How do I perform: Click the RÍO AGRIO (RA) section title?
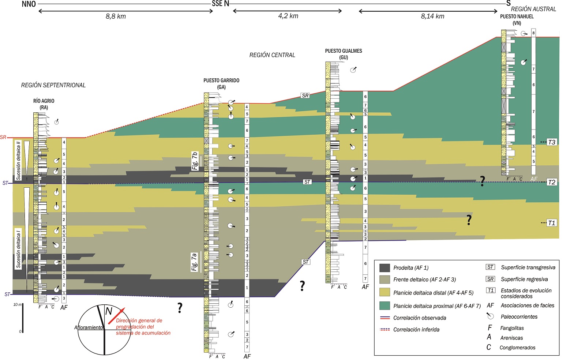coord(44,104)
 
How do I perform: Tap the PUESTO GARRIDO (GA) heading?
coord(221,83)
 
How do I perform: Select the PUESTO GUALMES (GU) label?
coord(344,54)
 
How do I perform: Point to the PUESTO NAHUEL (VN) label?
coord(517,19)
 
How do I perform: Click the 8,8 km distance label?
coord(116,16)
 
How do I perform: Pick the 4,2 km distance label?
coord(288,16)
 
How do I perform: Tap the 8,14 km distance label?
coord(432,16)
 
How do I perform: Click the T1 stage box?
coord(551,223)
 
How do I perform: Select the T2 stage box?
coord(551,182)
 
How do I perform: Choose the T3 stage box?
coord(551,142)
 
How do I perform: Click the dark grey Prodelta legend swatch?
coord(384,268)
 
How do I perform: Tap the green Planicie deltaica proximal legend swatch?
coord(384,306)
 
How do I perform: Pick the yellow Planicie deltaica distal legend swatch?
coord(384,292)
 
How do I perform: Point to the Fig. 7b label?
coord(195,161)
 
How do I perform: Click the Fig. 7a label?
coord(194,262)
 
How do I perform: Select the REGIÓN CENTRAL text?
coord(272,55)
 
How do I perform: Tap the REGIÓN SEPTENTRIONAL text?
coord(53,85)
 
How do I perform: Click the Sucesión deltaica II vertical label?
coord(18,160)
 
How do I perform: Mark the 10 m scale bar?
coord(23,318)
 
